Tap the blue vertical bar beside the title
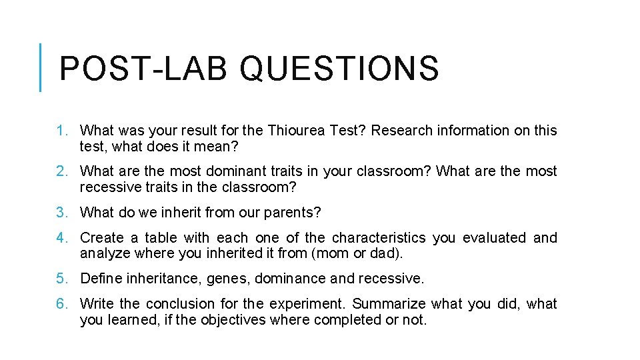point(41,67)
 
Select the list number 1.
point(61,131)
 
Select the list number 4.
point(61,238)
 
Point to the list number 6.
point(61,304)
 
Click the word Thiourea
point(292,131)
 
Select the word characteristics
point(379,238)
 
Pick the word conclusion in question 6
point(177,304)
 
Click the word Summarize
point(389,304)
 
